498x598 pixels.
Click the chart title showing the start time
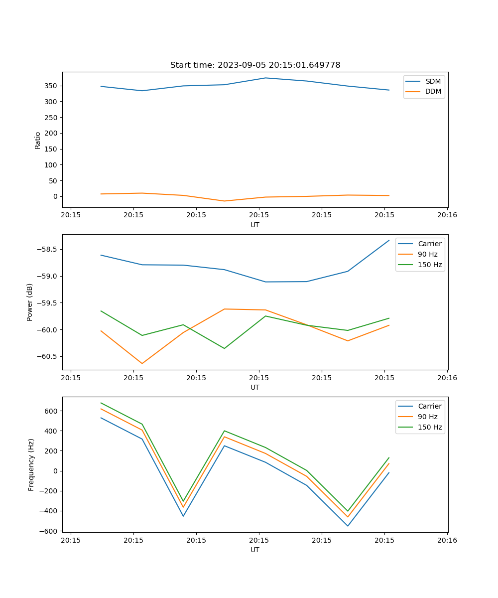[x=255, y=65]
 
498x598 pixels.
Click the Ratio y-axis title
[x=37, y=140]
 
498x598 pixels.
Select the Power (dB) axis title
[x=30, y=302]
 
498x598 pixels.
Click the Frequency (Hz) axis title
[x=31, y=464]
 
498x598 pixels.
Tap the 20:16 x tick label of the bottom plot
[x=447, y=540]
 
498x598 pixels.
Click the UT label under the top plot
[x=255, y=225]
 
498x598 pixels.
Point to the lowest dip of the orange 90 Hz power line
[x=142, y=363]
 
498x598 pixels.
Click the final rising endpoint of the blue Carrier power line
[x=389, y=241]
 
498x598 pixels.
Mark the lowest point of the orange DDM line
[x=225, y=201]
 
